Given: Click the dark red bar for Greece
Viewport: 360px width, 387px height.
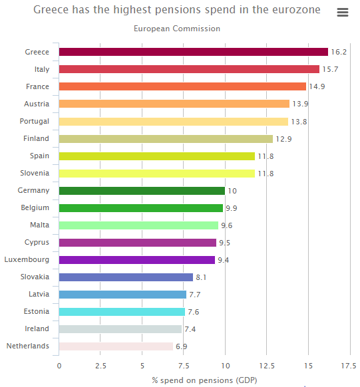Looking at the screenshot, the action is (x=194, y=52).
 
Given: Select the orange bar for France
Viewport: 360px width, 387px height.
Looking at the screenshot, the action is (x=182, y=86).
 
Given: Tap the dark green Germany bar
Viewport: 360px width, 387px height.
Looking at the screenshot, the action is (x=142, y=191).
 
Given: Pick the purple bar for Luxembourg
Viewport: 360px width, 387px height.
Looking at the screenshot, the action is (x=137, y=260).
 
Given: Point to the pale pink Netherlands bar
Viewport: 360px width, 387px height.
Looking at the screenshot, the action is (x=116, y=346).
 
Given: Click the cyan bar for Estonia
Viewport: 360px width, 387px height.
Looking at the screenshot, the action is (x=122, y=312).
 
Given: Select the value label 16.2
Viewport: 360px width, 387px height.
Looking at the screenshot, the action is (x=339, y=52).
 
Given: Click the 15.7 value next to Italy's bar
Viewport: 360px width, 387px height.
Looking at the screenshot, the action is (x=330, y=69).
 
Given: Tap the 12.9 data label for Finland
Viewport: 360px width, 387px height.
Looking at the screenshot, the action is (x=283, y=139).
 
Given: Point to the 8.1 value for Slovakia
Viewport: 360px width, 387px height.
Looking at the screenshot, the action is (x=201, y=277).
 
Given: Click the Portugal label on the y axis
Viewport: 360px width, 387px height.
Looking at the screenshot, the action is (x=35, y=122).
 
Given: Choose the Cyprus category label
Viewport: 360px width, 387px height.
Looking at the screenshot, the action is (x=37, y=242).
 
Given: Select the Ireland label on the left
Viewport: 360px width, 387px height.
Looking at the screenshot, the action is (x=37, y=328).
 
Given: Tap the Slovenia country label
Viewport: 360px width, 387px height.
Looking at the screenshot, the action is (x=35, y=173).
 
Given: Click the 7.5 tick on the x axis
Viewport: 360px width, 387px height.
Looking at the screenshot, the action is (x=184, y=366).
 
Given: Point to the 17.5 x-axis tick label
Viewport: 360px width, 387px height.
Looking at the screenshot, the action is (x=349, y=366).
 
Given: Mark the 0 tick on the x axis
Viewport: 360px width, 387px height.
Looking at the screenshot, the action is (x=59, y=366).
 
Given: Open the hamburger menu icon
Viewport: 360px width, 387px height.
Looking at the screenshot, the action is (x=343, y=12).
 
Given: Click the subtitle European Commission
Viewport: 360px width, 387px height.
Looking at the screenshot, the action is (x=177, y=29).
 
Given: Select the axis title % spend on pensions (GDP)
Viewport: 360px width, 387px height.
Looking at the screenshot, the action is (x=204, y=380).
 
